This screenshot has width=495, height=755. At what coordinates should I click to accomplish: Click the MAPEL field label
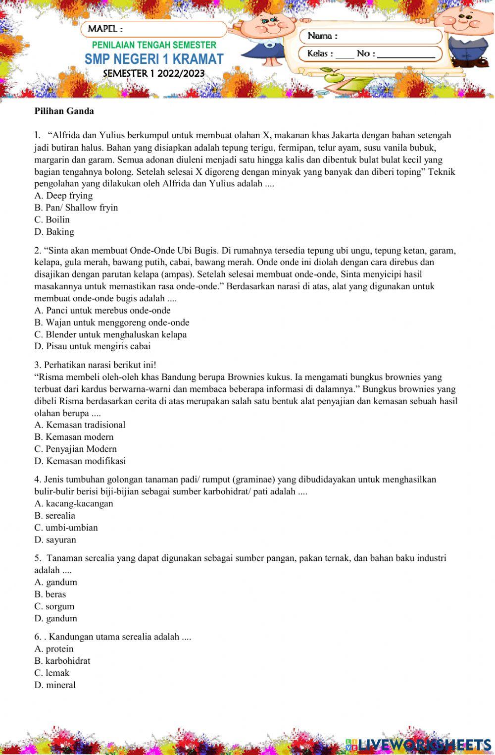click(x=105, y=29)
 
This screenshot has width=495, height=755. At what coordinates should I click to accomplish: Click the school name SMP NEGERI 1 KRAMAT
click(x=154, y=59)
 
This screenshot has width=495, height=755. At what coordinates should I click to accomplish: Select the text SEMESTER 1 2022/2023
click(x=153, y=74)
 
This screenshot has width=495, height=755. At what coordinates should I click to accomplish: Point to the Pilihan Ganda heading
click(x=64, y=111)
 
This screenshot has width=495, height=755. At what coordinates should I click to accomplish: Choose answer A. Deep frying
click(x=63, y=196)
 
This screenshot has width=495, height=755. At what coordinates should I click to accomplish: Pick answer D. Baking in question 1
click(x=54, y=232)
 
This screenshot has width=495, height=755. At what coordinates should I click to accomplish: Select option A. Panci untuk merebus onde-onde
click(x=102, y=311)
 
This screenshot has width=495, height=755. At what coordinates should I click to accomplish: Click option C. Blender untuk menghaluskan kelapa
click(x=110, y=334)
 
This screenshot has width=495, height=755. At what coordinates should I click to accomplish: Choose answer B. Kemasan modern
click(x=74, y=437)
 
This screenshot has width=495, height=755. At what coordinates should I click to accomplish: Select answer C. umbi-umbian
click(x=66, y=528)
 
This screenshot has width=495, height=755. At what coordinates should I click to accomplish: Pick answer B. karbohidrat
click(x=62, y=661)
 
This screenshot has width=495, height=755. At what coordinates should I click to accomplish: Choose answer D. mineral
click(x=55, y=685)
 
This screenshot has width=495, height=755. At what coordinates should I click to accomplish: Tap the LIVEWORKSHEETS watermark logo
click(x=418, y=744)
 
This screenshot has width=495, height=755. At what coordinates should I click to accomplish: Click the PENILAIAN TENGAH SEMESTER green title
click(x=154, y=45)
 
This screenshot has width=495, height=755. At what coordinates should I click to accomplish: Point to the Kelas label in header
click(x=320, y=54)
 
